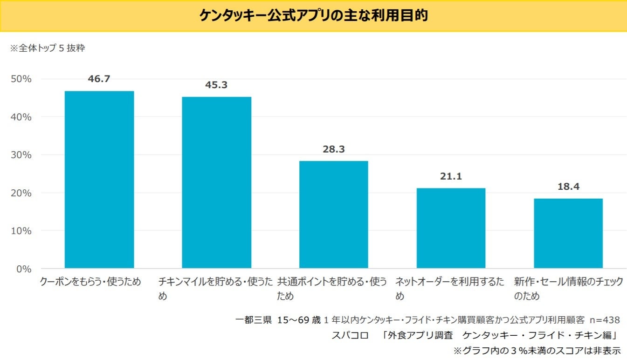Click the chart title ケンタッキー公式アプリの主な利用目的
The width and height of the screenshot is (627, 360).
pyautogui.click(x=313, y=15)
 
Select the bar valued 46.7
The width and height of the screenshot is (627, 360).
pyautogui.click(x=99, y=180)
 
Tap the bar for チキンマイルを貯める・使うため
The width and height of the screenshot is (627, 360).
pyautogui.click(x=216, y=182)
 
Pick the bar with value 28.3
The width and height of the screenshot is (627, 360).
pyautogui.click(x=334, y=215)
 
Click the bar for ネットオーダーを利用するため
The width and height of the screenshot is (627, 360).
pyautogui.click(x=451, y=228)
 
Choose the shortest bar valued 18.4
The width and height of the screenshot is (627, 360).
pyautogui.click(x=568, y=233)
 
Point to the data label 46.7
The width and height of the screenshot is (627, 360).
pyautogui.click(x=99, y=79)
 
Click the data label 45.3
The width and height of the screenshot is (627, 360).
pyautogui.click(x=216, y=85)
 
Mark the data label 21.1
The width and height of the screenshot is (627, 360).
pyautogui.click(x=451, y=177)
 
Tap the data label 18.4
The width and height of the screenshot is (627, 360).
pyautogui.click(x=568, y=187)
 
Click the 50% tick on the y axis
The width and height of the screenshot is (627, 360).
pyautogui.click(x=21, y=79)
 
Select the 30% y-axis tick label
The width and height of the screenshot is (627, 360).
pyautogui.click(x=21, y=155)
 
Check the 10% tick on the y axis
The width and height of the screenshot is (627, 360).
pyautogui.click(x=21, y=231)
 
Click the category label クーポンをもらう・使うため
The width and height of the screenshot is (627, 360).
pyautogui.click(x=90, y=282)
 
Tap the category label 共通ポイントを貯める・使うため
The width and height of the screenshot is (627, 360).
pyautogui.click(x=332, y=289)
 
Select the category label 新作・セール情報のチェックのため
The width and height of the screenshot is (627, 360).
pyautogui.click(x=568, y=289)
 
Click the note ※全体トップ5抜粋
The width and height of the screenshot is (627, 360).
pyautogui.click(x=48, y=48)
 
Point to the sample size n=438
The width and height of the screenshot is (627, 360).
pyautogui.click(x=605, y=320)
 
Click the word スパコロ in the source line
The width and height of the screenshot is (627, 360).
pyautogui.click(x=350, y=335)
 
